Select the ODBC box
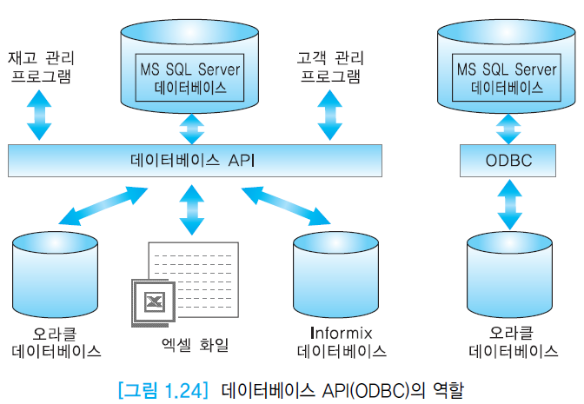508,161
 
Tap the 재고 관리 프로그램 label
40,67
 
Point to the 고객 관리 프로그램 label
330,67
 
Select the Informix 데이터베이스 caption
342,342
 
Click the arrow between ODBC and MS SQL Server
508,128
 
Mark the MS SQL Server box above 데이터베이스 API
189,77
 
